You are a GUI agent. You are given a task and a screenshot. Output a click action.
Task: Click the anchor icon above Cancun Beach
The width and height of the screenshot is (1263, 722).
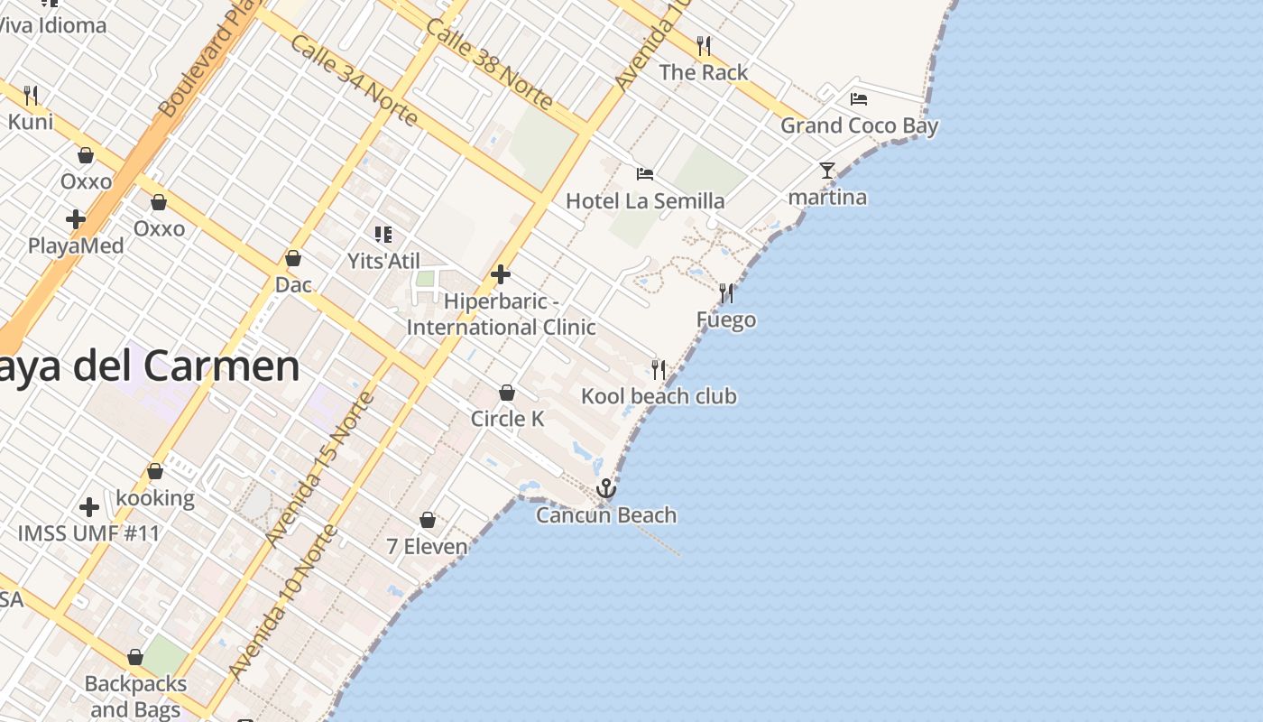606,488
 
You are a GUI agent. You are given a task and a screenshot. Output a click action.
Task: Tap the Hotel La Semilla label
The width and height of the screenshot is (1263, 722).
645,200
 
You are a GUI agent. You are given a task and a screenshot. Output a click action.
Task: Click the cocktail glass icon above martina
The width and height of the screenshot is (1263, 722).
827,170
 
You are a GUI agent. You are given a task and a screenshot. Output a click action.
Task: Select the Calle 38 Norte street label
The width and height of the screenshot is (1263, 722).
490,65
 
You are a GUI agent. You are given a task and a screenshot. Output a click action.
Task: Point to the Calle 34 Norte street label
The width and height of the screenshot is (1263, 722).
353,80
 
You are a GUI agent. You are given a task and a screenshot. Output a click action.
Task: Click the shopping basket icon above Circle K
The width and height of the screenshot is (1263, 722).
507,393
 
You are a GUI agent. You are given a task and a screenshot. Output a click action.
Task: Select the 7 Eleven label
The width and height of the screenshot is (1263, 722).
427,546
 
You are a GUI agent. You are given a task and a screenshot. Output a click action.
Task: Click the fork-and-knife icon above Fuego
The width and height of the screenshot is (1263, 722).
726,292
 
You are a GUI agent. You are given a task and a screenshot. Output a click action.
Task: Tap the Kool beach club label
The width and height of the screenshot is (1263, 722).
659,396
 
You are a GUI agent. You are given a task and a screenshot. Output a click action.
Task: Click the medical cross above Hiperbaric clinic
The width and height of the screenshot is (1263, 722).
501,274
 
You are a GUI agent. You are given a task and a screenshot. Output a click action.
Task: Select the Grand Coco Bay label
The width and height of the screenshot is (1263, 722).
859,125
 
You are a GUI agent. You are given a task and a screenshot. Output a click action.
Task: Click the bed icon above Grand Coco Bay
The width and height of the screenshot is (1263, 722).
859,98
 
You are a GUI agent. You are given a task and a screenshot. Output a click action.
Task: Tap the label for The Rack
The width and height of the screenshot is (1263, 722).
704,72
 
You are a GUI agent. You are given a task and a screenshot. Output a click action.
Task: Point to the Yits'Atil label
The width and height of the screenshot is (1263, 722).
383,261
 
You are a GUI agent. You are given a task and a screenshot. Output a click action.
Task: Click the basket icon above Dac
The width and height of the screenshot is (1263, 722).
293,258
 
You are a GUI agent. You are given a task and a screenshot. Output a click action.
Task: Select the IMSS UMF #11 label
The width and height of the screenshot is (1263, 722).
88,533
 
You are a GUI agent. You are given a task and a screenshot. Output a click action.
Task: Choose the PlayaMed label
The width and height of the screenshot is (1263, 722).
76,245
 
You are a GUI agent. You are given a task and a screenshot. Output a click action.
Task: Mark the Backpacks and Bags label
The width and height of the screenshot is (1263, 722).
135,697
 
